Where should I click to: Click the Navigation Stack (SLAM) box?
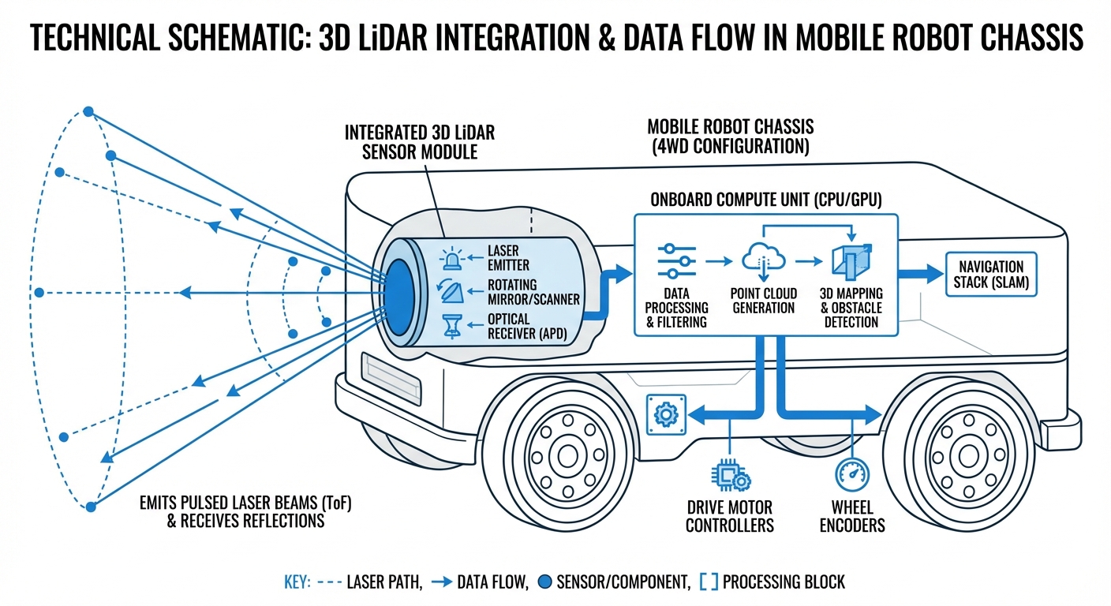tap(991, 275)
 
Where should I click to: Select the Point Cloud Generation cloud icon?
tap(762, 259)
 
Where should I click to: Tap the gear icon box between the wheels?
tap(661, 413)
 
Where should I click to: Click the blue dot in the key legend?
tap(543, 583)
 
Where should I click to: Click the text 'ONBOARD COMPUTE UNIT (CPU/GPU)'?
tap(765, 199)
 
